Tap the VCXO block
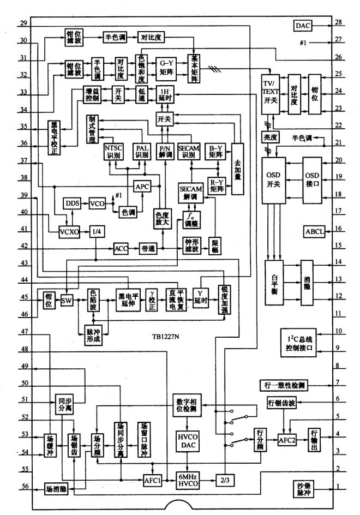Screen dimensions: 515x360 click(69, 230)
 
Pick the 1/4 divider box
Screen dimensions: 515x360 click(97, 230)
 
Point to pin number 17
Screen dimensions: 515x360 click(338, 211)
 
